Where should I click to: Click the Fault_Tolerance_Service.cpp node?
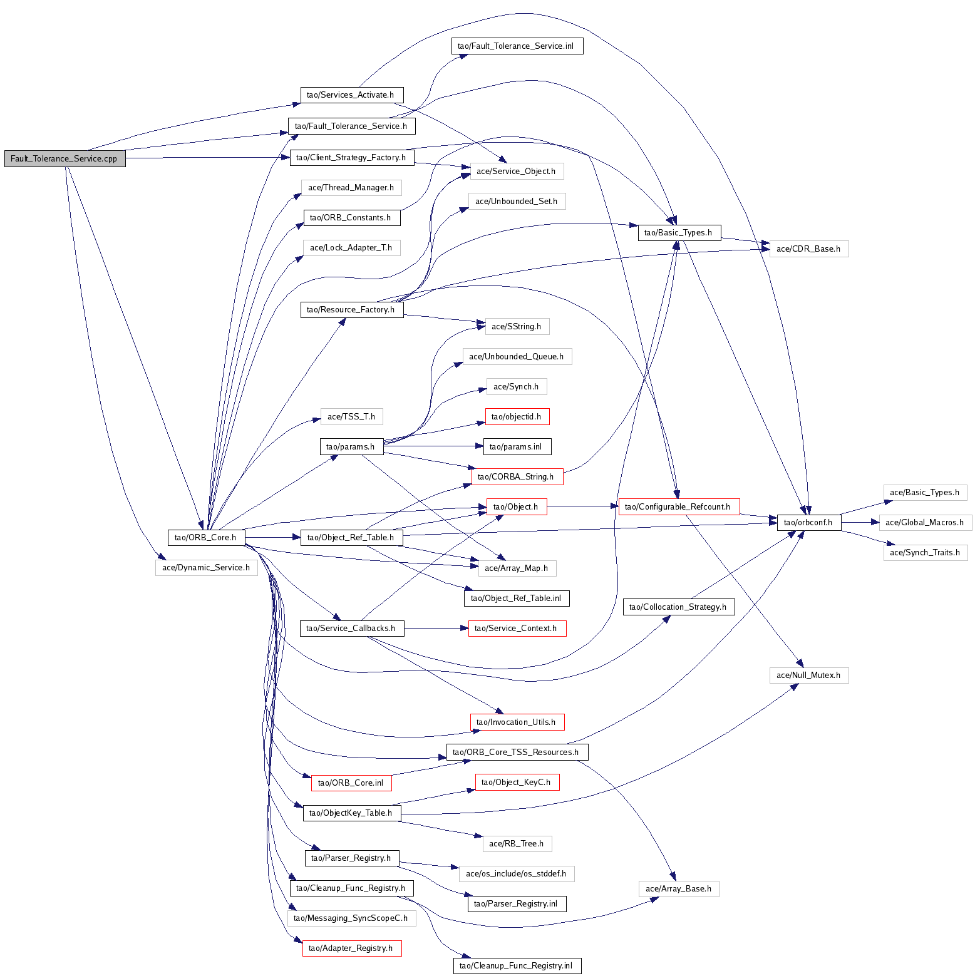[64, 158]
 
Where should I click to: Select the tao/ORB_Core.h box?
[205, 537]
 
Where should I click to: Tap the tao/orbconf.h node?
[808, 522]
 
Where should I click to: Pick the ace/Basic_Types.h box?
[924, 492]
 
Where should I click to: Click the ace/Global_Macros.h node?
[925, 522]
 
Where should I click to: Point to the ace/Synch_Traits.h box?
[925, 552]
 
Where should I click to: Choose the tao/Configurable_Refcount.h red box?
[678, 506]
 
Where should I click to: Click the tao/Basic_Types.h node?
[679, 232]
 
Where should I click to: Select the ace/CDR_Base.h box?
[808, 249]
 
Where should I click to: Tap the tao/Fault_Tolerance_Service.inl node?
[516, 46]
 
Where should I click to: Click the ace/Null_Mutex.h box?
[808, 675]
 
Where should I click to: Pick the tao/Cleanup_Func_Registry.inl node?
[517, 965]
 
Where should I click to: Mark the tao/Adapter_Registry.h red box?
[351, 948]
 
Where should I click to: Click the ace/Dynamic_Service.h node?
[206, 567]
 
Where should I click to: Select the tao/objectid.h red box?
[517, 416]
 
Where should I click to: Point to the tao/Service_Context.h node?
[517, 628]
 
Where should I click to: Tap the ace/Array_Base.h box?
[678, 888]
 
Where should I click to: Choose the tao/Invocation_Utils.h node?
[517, 722]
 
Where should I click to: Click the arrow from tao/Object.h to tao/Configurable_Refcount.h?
[582, 506]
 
